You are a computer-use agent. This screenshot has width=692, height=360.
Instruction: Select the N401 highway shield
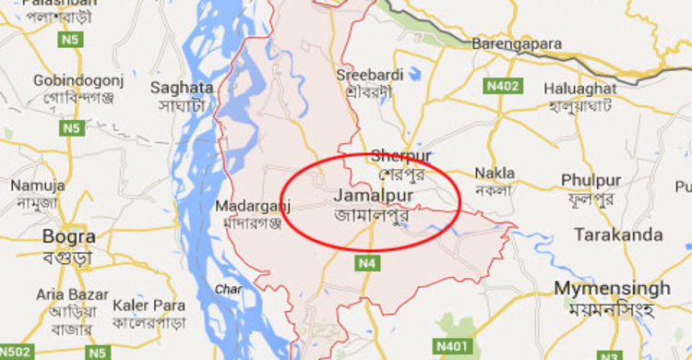(x=452, y=345)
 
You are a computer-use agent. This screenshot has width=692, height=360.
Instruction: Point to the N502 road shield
(x=16, y=352)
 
